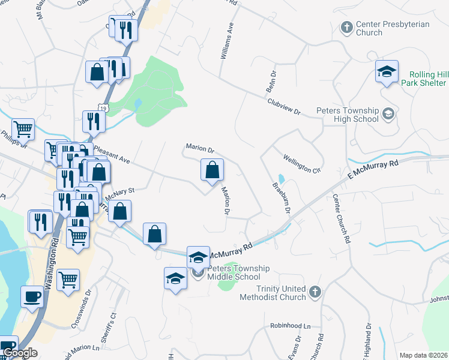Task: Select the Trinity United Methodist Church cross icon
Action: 315,292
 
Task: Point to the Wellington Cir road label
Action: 302,163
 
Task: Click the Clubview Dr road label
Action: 283,107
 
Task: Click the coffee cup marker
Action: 32,296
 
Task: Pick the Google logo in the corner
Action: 19,353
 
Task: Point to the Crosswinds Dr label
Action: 80,310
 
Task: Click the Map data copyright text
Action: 424,355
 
